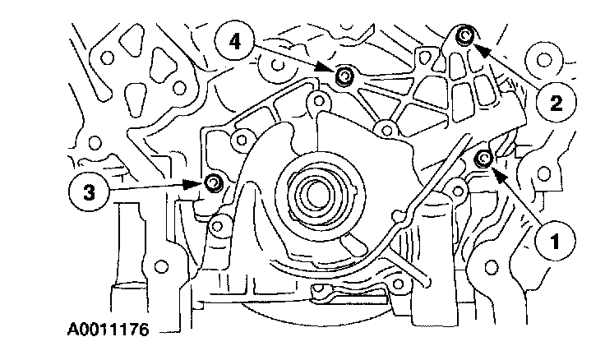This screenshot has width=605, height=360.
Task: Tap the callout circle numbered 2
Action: tap(557, 103)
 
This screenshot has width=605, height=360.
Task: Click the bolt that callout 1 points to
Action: tap(484, 158)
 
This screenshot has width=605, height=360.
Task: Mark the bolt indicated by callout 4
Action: tap(345, 76)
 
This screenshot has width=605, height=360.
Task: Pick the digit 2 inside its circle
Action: tap(557, 103)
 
